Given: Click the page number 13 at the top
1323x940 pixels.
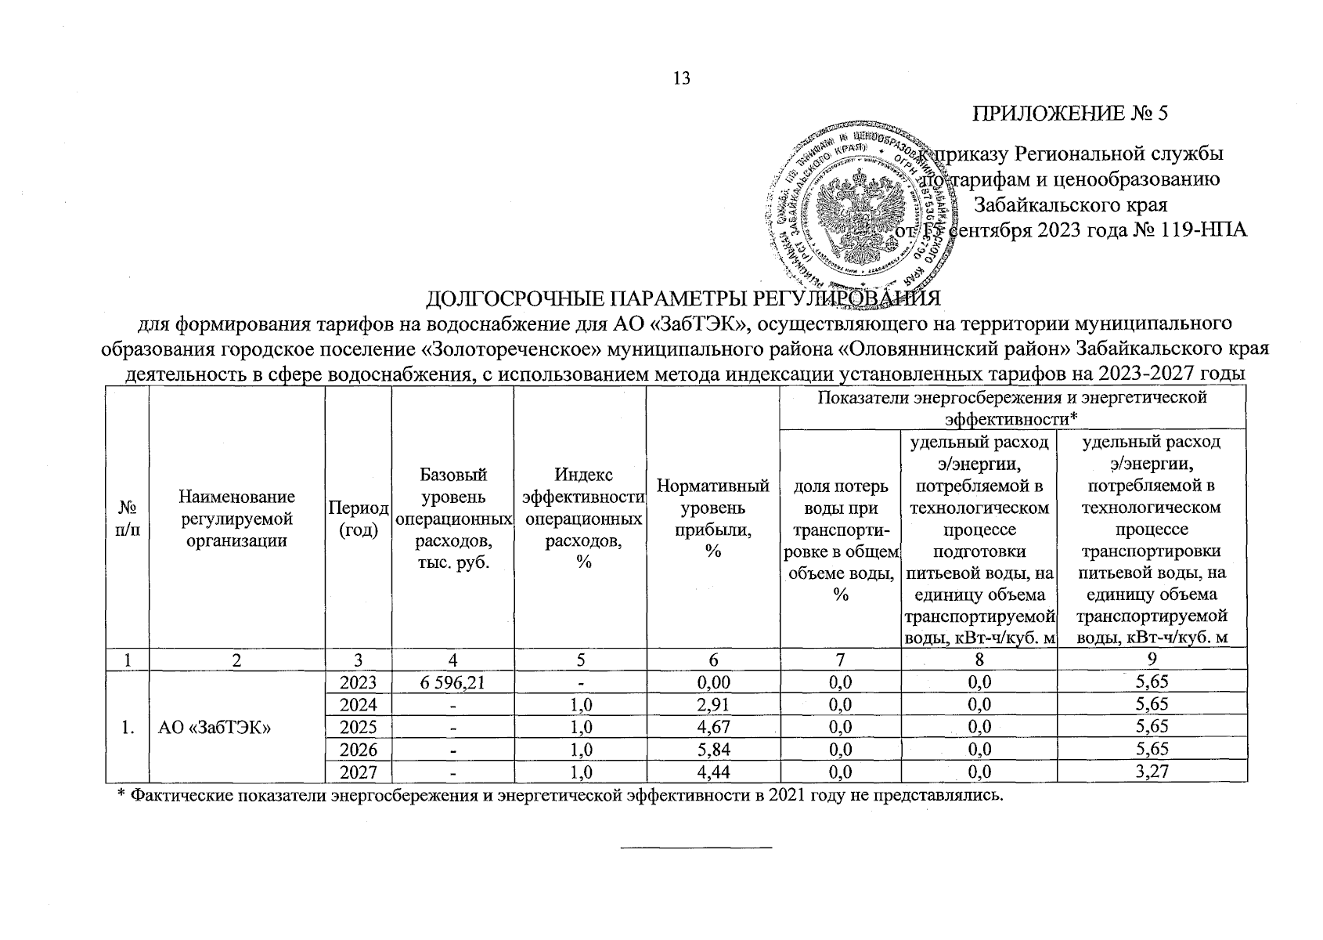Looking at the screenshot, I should click(681, 78).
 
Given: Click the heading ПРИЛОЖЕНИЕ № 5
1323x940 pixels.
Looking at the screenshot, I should click(1070, 114).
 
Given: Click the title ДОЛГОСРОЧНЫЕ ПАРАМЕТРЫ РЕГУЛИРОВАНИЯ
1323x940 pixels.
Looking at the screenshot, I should click(681, 299).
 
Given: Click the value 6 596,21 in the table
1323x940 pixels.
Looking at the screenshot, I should click(452, 682).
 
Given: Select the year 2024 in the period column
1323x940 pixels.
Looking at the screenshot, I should click(359, 705).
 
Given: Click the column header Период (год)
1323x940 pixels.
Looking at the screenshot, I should click(359, 519).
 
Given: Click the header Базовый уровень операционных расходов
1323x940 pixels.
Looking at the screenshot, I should click(452, 519).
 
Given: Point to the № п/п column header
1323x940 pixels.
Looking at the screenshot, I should click(127, 519).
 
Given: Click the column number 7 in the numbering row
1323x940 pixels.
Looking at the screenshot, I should click(841, 660).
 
